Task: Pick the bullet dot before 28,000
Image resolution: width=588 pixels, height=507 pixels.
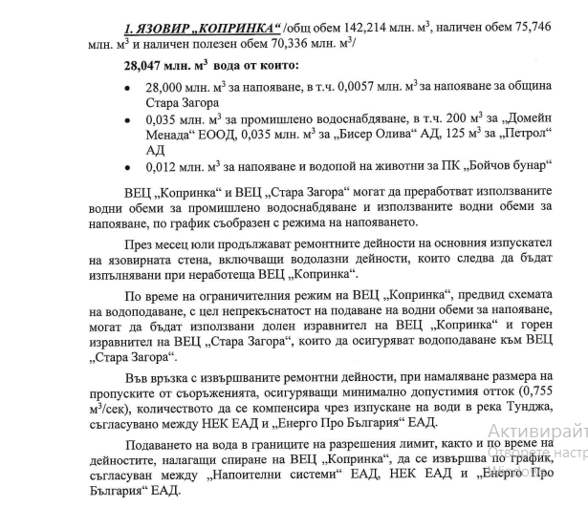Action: [129, 87]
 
